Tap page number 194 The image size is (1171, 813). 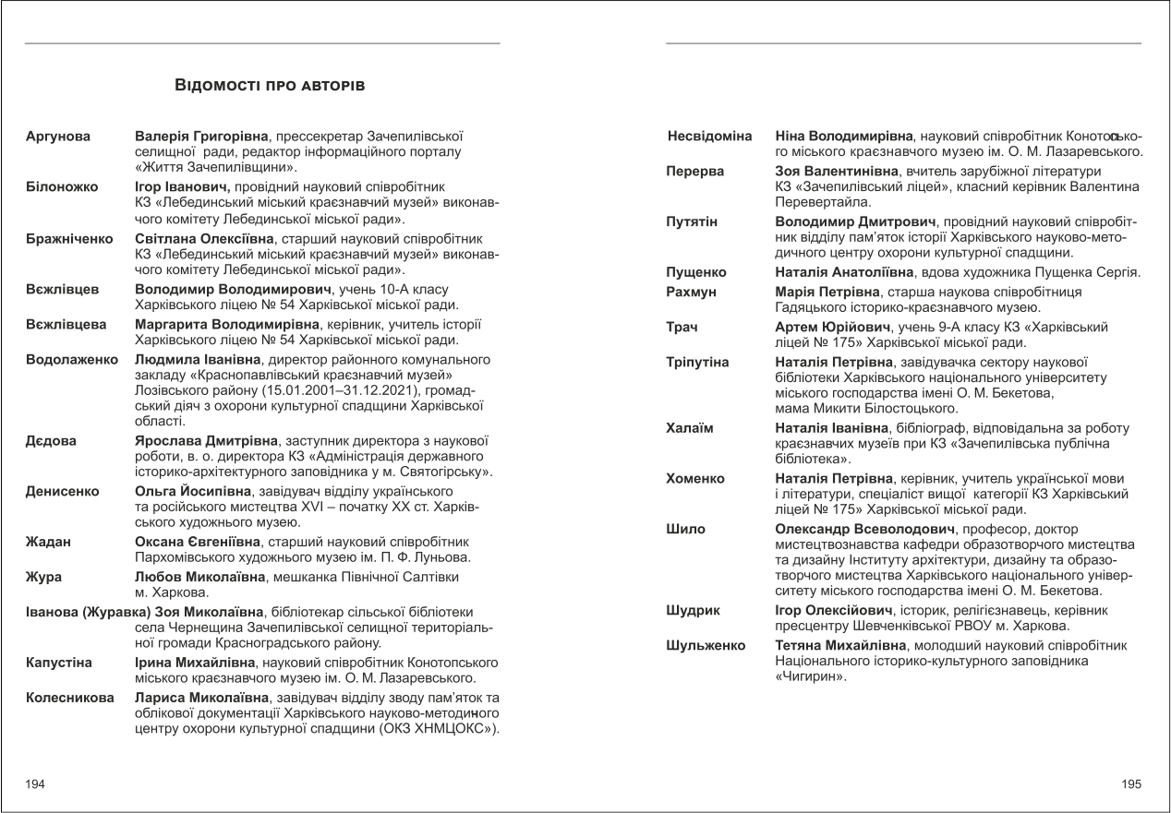click(x=35, y=784)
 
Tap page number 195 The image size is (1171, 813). click(x=1131, y=784)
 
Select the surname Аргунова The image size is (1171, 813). click(x=58, y=137)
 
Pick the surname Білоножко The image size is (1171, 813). click(x=62, y=186)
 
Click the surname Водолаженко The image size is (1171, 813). click(x=74, y=359)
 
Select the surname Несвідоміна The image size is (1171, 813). click(x=710, y=137)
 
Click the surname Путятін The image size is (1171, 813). click(x=692, y=222)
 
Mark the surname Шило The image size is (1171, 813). click(x=685, y=529)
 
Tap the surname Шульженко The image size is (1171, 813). click(x=706, y=646)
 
